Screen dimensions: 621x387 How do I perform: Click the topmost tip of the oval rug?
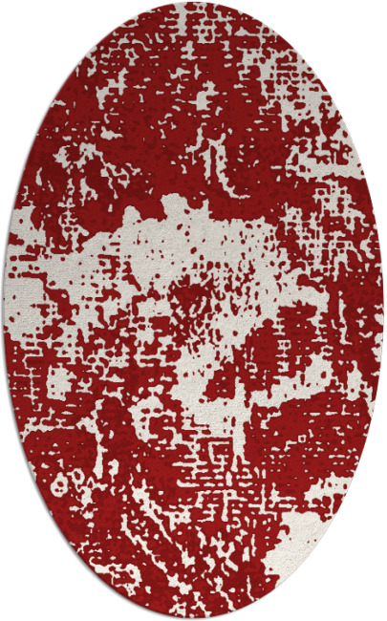(x=194, y=3)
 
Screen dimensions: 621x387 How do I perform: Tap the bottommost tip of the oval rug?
(x=194, y=618)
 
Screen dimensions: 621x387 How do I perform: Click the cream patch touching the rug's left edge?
(x=24, y=287)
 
